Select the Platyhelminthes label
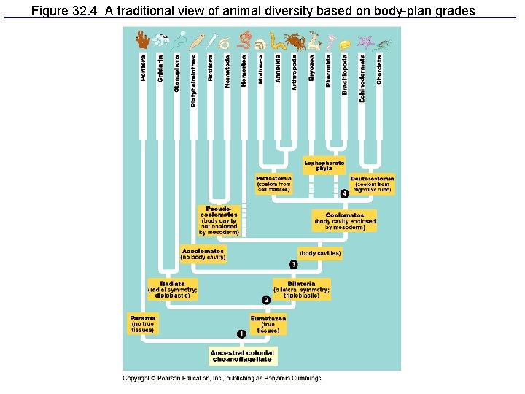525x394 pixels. point(193,80)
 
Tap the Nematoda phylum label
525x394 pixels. point(227,70)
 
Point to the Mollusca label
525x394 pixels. point(261,69)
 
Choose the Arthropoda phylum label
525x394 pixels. point(295,72)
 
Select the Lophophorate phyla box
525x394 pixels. point(324,165)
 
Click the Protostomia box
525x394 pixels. point(274,183)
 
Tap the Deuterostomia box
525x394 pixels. point(372,182)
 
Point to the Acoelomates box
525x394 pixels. point(203,253)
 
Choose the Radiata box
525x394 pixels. point(172,290)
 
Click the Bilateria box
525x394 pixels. point(302,289)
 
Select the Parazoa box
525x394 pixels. point(143,323)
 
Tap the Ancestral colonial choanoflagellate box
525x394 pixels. point(243,355)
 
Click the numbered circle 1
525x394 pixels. point(241,333)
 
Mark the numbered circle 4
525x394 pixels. point(344,193)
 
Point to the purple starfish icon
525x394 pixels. point(364,42)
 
